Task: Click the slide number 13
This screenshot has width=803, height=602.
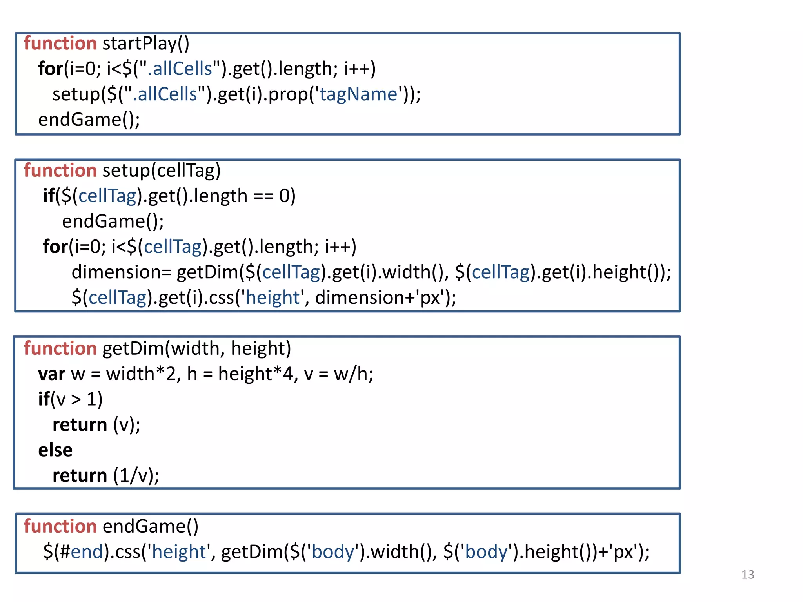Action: pyautogui.click(x=747, y=575)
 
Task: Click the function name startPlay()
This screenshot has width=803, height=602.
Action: pyautogui.click(x=146, y=44)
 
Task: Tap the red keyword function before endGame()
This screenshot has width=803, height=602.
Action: pyautogui.click(x=60, y=526)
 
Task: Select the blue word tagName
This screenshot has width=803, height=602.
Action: pyautogui.click(x=358, y=94)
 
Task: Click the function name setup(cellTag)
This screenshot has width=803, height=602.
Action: pyautogui.click(x=162, y=170)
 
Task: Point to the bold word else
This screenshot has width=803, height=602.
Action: pyautogui.click(x=55, y=450)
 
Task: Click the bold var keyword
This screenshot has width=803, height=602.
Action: pyautogui.click(x=51, y=374)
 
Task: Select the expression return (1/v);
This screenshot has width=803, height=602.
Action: pyautogui.click(x=106, y=475)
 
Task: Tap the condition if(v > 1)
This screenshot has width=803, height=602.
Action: pyautogui.click(x=70, y=399)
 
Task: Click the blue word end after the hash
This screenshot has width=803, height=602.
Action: pyautogui.click(x=87, y=552)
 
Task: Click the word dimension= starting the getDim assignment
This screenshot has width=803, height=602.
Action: pyautogui.click(x=121, y=272)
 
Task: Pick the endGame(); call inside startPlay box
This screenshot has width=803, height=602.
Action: pyautogui.click(x=89, y=120)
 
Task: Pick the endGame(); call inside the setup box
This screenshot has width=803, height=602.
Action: pyautogui.click(x=113, y=221)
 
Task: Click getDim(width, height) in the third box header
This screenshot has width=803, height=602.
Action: pyautogui.click(x=196, y=348)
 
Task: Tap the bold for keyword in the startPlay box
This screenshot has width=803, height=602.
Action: pyautogui.click(x=50, y=69)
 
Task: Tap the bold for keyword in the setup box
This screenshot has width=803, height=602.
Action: pyautogui.click(x=55, y=247)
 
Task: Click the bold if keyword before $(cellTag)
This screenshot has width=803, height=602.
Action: pyautogui.click(x=49, y=196)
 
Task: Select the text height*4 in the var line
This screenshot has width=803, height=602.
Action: pyautogui.click(x=255, y=374)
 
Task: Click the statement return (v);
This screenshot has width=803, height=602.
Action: pyautogui.click(x=96, y=425)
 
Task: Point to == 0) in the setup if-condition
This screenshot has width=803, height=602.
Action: pyautogui.click(x=274, y=196)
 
